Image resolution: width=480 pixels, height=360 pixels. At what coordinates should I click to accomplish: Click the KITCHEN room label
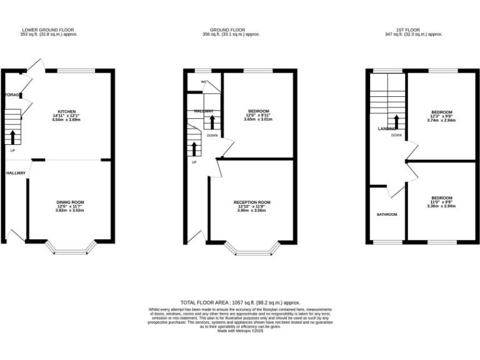66,111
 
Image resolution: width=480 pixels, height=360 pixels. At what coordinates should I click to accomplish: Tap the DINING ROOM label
70,202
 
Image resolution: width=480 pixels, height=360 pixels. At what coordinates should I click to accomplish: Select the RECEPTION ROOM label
252,202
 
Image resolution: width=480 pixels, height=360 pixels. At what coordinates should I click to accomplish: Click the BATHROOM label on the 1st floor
386,214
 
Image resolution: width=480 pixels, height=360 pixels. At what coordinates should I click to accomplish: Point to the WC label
204,82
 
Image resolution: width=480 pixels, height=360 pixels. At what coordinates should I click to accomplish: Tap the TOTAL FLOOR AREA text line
240,301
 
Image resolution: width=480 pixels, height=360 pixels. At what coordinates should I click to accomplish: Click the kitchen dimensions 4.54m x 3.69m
68,119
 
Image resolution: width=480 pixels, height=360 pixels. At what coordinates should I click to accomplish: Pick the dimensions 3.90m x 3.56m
252,211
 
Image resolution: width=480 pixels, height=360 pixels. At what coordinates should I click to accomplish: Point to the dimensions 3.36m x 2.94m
441,206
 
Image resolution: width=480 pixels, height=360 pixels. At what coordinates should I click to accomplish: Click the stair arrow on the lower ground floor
12,136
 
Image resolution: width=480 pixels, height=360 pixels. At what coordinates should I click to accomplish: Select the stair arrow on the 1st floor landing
396,121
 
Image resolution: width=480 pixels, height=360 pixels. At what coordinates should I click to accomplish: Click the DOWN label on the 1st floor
396,135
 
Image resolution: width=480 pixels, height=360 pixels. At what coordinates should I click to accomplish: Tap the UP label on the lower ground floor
12,150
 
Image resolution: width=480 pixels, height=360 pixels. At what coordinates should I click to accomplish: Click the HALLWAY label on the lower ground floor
16,172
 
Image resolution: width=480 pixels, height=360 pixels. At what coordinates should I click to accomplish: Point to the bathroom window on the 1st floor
386,242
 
